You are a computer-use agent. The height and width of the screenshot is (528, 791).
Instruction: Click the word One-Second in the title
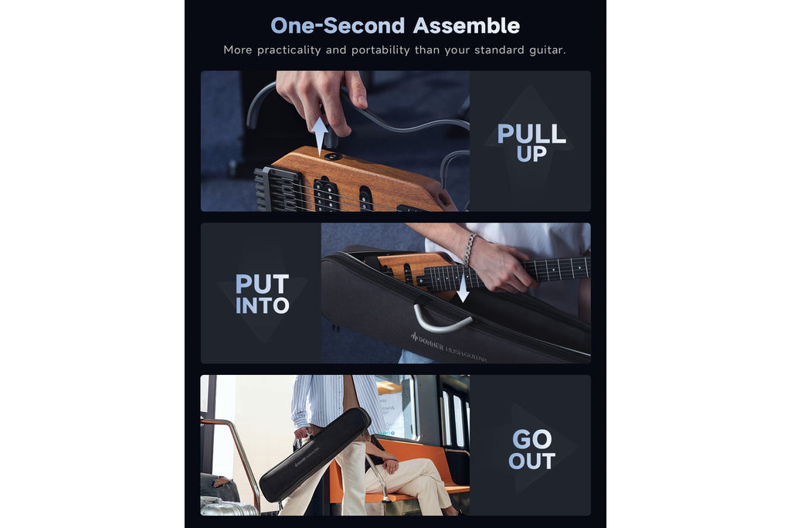pyautogui.click(x=338, y=26)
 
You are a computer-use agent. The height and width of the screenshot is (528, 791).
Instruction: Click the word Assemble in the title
pyautogui.click(x=466, y=26)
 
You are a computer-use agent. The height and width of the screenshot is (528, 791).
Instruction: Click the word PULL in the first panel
pyautogui.click(x=531, y=134)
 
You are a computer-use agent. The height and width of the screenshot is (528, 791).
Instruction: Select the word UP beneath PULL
pyautogui.click(x=531, y=154)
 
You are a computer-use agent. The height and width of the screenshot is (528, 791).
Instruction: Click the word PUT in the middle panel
pyautogui.click(x=262, y=284)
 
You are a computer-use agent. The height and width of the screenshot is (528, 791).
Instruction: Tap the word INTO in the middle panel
pyautogui.click(x=262, y=305)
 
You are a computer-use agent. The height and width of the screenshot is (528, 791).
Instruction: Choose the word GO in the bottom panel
pyautogui.click(x=531, y=439)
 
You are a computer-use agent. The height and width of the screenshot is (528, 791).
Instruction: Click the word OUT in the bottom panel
pyautogui.click(x=531, y=461)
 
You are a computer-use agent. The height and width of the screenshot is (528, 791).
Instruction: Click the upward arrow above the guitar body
pyautogui.click(x=319, y=136)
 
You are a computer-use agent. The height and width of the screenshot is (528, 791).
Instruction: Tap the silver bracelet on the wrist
pyautogui.click(x=469, y=248)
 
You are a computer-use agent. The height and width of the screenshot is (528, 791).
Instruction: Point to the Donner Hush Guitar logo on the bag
pyautogui.click(x=448, y=348)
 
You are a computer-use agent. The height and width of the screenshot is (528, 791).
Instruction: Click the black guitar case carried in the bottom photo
pyautogui.click(x=315, y=455)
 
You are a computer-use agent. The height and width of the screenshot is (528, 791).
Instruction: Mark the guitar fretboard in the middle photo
pyautogui.click(x=504, y=273)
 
